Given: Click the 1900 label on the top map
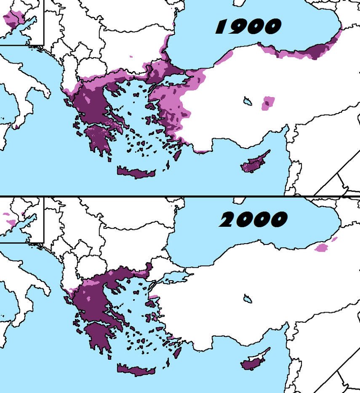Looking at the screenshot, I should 248,27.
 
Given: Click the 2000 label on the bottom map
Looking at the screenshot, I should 253,219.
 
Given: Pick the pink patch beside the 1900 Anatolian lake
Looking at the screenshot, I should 267,103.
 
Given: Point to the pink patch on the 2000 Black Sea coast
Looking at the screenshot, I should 322,247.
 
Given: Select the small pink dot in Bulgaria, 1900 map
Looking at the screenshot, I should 131,56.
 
